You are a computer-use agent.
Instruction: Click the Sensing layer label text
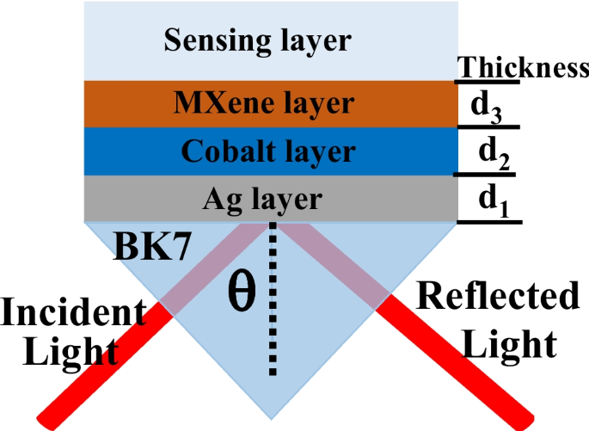pyautogui.click(x=259, y=40)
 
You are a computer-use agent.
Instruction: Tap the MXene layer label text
pyautogui.click(x=263, y=103)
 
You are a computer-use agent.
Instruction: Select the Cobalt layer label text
pyautogui.click(x=268, y=151)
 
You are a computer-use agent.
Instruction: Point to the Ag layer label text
pyautogui.click(x=262, y=199)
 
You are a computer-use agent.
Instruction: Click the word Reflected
pyautogui.click(x=498, y=297)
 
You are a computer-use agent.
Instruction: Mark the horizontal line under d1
pyautogui.click(x=489, y=223)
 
